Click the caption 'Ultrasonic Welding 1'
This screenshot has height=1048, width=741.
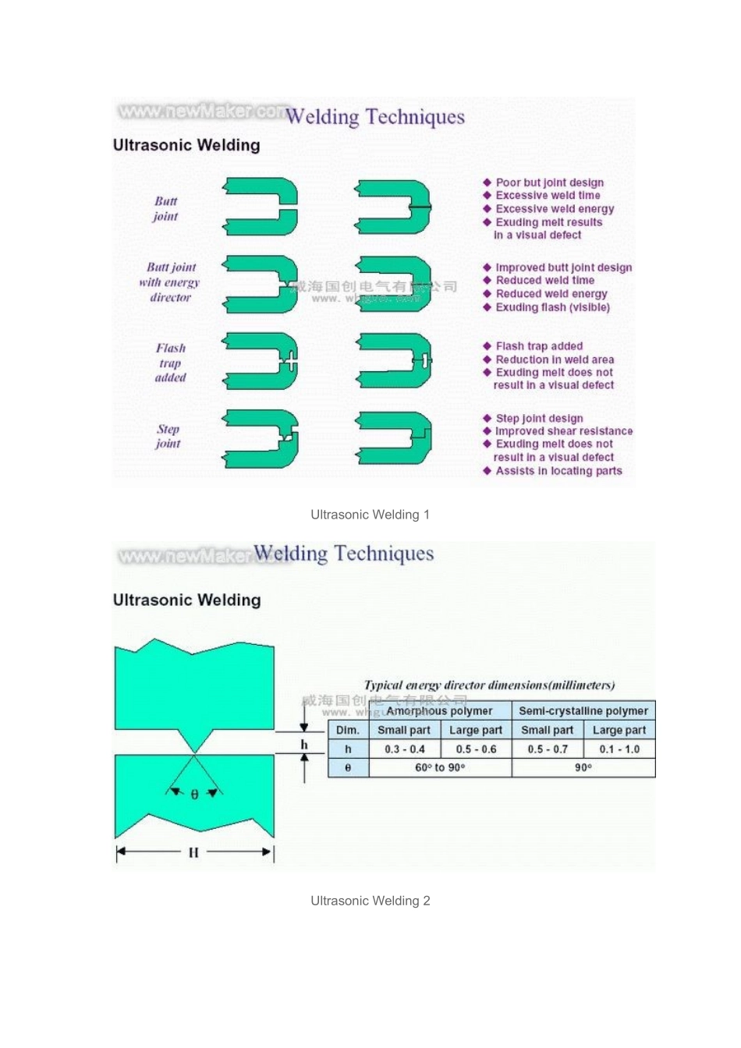point(370,515)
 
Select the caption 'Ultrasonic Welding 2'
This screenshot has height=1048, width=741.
point(370,901)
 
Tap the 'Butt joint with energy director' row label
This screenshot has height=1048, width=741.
point(170,282)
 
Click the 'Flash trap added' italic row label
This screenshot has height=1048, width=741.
point(170,363)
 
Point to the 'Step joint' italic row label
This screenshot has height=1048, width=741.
point(168,436)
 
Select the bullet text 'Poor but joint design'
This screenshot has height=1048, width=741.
point(549,182)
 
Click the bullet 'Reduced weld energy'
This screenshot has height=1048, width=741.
point(551,294)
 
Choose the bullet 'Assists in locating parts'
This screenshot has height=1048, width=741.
point(558,471)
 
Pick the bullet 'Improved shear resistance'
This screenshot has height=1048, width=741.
point(563,431)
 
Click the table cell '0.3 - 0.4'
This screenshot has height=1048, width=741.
point(404,749)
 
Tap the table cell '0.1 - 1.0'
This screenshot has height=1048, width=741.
point(619,749)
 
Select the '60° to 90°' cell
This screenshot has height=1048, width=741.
point(440,768)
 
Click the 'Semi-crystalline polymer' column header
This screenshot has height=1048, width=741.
point(583,711)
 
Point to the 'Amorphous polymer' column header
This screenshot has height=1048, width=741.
point(439,711)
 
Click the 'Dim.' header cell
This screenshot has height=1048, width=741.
point(347,731)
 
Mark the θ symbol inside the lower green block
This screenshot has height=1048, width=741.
point(194,794)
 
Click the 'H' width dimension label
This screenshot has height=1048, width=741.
point(193,852)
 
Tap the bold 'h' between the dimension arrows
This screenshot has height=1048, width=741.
point(304,745)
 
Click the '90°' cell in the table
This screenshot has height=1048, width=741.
point(583,768)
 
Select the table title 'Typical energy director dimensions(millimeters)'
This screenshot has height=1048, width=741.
point(489,685)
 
